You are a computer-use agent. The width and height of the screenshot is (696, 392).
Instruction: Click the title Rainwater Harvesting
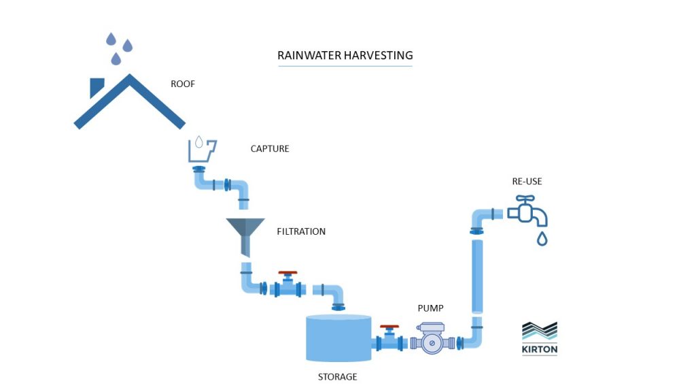click(345, 55)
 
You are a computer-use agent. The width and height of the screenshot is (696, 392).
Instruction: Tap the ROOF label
click(183, 85)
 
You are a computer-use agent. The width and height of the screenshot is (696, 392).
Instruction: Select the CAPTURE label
click(270, 148)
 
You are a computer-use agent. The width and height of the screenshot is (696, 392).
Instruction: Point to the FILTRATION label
click(301, 231)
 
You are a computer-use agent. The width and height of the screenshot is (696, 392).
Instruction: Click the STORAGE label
click(337, 376)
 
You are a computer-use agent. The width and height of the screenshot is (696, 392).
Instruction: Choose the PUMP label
click(430, 308)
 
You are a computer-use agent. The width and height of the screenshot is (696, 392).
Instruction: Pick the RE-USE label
click(527, 182)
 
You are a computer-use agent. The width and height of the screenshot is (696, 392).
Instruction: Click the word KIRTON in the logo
click(540, 350)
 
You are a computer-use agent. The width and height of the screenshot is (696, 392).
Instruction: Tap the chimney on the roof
click(97, 86)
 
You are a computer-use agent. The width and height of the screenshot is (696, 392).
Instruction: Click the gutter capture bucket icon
click(201, 150)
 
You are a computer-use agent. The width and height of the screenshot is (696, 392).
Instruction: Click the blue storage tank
click(338, 338)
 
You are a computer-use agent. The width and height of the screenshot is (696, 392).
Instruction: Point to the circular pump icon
click(430, 343)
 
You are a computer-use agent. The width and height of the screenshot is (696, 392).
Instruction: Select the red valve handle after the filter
click(288, 274)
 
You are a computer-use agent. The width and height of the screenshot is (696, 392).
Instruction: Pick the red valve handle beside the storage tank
click(389, 327)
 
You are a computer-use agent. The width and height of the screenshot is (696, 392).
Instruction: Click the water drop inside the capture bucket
click(198, 142)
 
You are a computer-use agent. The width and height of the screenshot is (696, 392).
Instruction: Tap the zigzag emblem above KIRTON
click(540, 330)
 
